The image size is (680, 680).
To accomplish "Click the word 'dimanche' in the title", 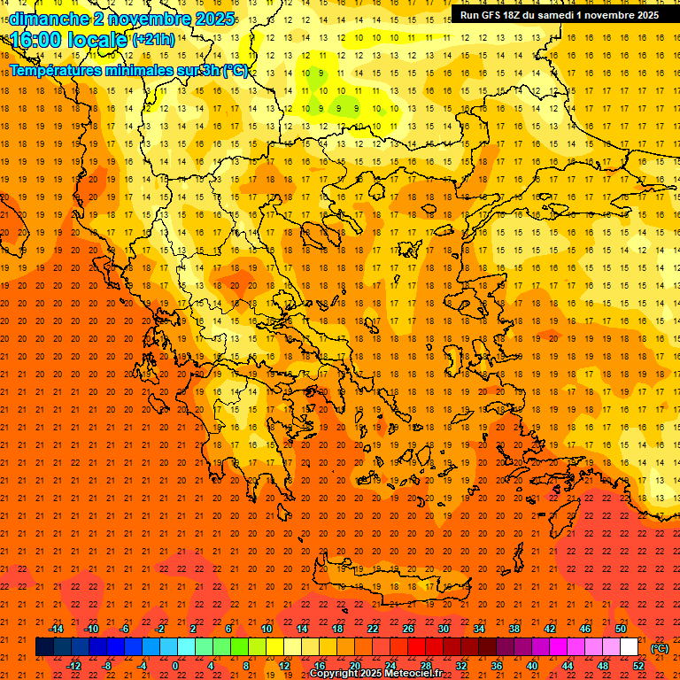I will tap(49, 19).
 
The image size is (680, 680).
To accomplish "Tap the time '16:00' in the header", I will tap(37, 39).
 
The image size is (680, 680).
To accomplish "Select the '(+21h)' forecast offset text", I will tap(153, 40).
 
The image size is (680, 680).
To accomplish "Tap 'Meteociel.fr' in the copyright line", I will tap(413, 674).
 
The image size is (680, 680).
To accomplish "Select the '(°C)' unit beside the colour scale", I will tap(660, 648).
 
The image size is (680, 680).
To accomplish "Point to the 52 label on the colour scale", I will tap(638, 666).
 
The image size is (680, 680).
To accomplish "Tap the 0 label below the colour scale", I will tap(175, 666).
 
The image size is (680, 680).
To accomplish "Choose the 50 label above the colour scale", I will tap(621, 629).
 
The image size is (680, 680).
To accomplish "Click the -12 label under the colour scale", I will tap(73, 666).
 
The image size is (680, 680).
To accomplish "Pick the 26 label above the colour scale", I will tap(408, 629).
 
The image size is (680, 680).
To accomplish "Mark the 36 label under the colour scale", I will tap(497, 666).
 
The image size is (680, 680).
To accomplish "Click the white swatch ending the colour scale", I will tap(629, 647).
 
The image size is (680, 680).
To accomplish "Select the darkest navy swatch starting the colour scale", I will tap(44, 647).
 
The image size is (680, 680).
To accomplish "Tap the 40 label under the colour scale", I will tap(532, 666).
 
